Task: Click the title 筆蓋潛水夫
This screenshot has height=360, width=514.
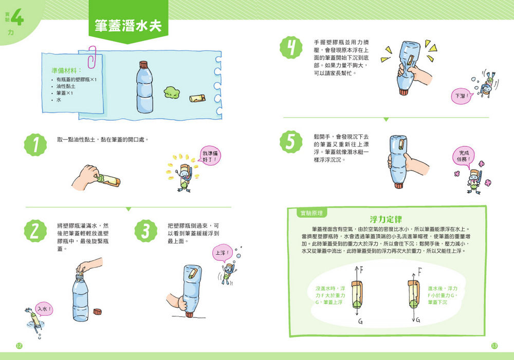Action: (x=128, y=26)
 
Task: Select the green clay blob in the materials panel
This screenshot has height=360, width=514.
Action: (x=172, y=92)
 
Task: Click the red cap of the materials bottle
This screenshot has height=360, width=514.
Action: (x=143, y=65)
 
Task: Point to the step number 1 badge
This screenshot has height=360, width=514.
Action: (x=35, y=145)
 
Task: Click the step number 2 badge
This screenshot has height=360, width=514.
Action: (x=35, y=231)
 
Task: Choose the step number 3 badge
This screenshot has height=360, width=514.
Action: (x=146, y=231)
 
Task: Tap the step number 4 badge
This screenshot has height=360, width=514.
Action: (x=291, y=47)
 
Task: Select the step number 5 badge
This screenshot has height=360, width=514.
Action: (x=291, y=142)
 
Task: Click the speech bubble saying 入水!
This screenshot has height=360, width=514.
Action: (x=44, y=309)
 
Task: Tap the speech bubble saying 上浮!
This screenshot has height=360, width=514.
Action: (x=223, y=253)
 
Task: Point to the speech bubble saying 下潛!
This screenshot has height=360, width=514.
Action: (x=462, y=96)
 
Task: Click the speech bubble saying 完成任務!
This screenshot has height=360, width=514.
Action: (x=464, y=156)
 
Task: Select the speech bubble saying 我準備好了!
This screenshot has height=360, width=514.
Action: (x=210, y=156)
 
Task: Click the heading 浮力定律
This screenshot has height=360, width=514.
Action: (x=386, y=219)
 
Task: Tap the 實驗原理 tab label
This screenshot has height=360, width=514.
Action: (x=311, y=213)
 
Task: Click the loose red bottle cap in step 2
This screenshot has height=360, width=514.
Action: (x=97, y=311)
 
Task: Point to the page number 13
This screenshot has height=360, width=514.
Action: (x=494, y=346)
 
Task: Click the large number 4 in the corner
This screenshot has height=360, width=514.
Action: (x=17, y=18)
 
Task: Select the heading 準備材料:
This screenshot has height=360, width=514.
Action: (x=66, y=71)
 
